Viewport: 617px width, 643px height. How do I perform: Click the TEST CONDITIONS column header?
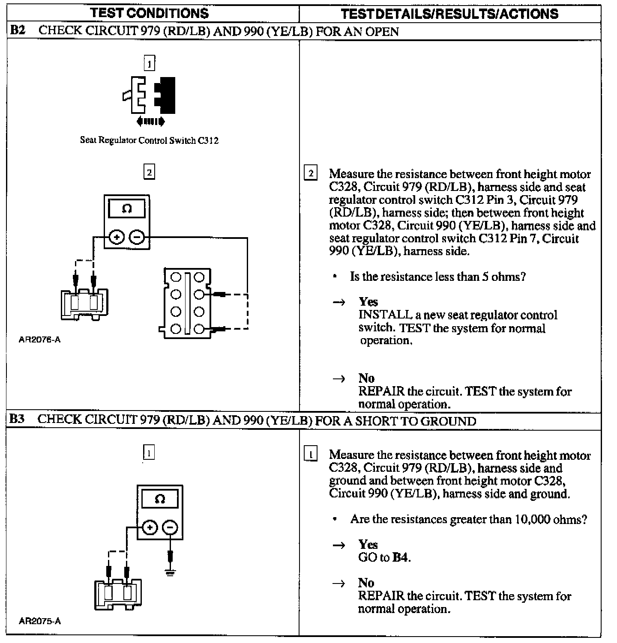[x=150, y=13]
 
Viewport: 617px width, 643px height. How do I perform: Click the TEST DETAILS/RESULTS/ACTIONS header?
[x=449, y=14]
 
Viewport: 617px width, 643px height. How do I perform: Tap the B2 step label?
[x=18, y=31]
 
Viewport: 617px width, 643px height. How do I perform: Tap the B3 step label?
[x=17, y=419]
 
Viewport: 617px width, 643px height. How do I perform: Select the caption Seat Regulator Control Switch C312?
[x=149, y=140]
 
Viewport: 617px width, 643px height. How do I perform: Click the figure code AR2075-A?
[x=39, y=621]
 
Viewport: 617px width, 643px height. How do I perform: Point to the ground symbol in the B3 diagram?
[x=171, y=573]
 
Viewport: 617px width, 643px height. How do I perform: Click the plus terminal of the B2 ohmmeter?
[x=116, y=237]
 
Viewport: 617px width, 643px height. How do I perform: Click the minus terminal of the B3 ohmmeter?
[x=171, y=527]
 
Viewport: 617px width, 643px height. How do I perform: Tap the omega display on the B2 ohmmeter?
[x=127, y=209]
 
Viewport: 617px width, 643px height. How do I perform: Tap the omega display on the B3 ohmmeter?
[x=160, y=499]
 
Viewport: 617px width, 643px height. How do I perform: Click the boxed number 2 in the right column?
[x=311, y=173]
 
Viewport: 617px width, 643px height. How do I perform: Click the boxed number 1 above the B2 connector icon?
[x=149, y=64]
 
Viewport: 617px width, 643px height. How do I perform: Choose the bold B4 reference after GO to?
[x=401, y=557]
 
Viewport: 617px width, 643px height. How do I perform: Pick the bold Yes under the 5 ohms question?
[x=368, y=302]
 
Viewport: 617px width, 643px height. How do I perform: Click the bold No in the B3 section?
[x=366, y=583]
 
